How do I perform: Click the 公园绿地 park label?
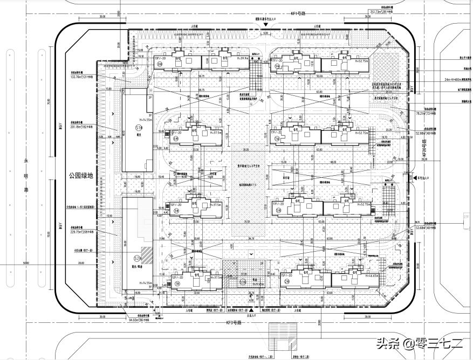click(81, 175)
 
